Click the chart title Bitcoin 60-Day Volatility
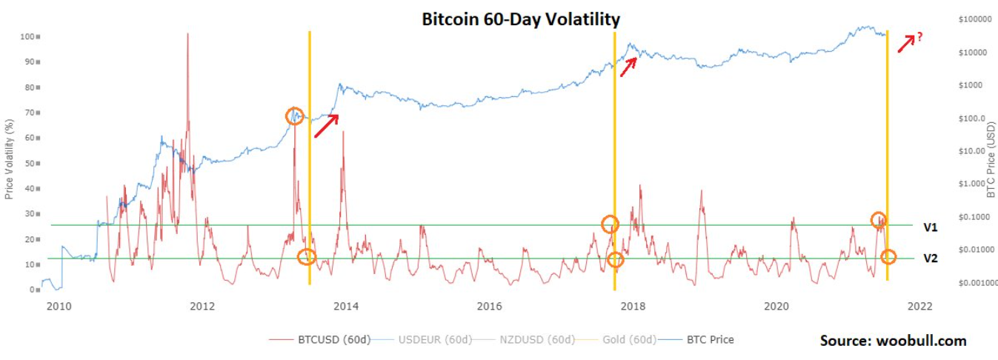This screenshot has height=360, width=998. [x=520, y=19]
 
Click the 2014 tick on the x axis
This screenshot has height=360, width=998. [x=346, y=305]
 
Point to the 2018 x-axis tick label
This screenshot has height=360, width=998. [x=633, y=305]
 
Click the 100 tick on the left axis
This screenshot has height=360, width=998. [x=29, y=36]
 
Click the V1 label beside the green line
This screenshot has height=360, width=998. [x=931, y=227]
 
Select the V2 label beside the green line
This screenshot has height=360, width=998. [x=931, y=259]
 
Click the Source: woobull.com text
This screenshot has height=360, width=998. [x=893, y=341]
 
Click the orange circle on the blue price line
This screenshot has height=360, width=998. [x=296, y=116]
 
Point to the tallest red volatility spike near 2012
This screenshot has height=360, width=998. [x=187, y=37]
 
